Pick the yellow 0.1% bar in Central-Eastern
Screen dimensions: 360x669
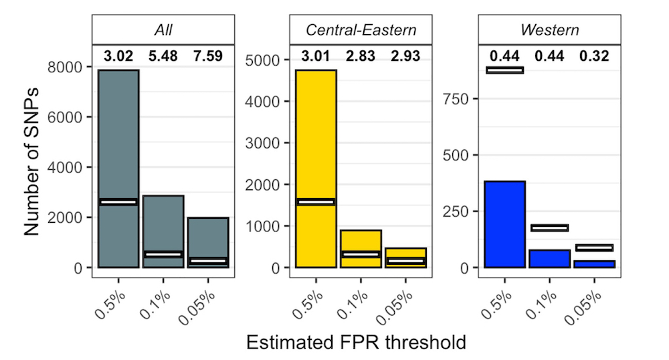[361, 241]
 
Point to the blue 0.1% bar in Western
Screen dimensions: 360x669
[549, 259]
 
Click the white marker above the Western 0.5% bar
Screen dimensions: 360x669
[504, 70]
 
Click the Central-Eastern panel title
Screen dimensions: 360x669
[361, 30]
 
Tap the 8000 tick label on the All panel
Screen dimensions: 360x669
[64, 67]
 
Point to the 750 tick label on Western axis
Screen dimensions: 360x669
[458, 99]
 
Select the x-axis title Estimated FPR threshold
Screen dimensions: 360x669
[356, 343]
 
